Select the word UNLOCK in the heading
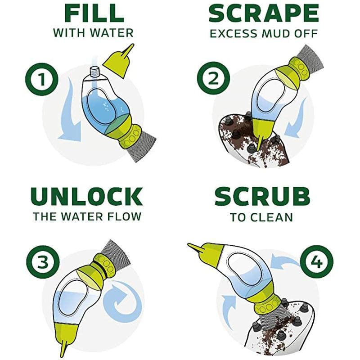tap(86, 197)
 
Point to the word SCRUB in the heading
tap(262, 197)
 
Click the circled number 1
tap(41, 80)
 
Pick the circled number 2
tap(213, 78)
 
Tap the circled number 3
tap(43, 262)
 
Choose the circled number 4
tap(317, 261)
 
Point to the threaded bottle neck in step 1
tap(94, 72)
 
